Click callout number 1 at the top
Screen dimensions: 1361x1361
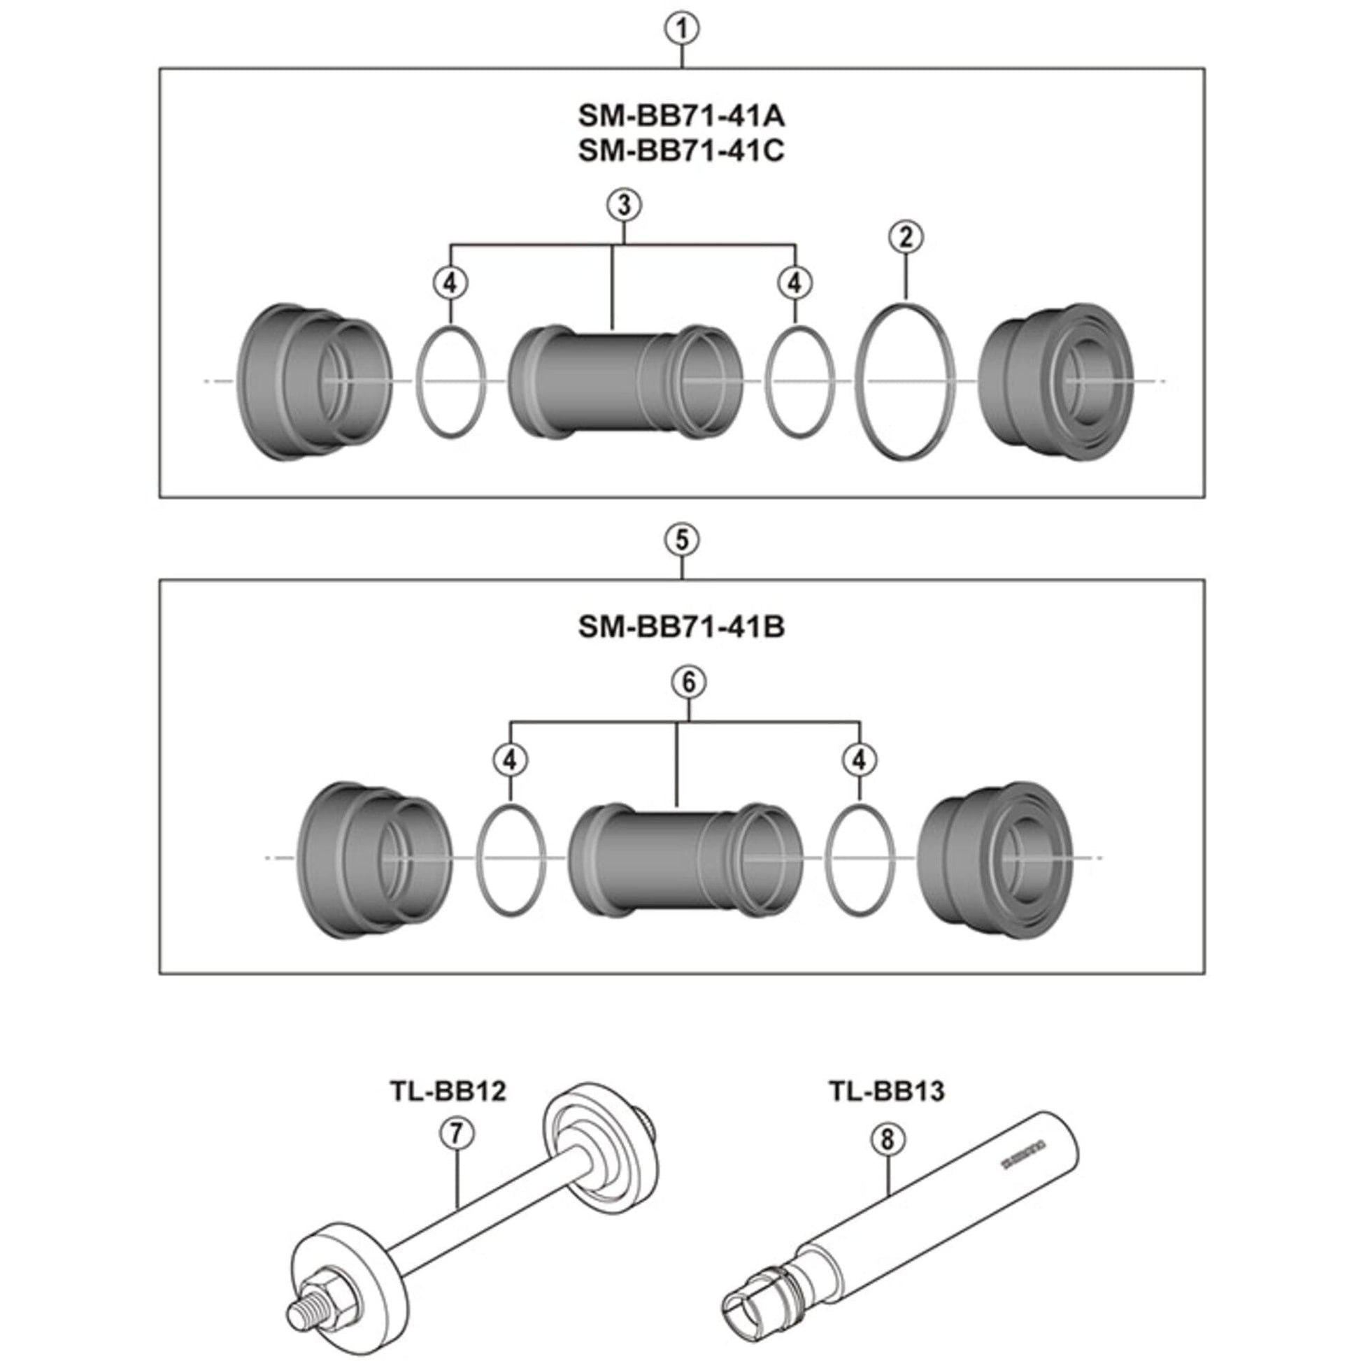click(681, 29)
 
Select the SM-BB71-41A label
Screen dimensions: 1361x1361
click(681, 116)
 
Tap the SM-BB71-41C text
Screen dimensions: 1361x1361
click(681, 151)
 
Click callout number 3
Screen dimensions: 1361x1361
click(623, 205)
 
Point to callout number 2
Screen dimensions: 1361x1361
click(905, 237)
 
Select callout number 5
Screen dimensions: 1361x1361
click(681, 541)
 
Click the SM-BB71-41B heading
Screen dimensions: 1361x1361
click(681, 627)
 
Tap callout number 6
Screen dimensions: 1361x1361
click(688, 682)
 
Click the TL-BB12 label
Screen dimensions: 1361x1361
click(449, 1091)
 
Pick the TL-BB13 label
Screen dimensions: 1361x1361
click(886, 1091)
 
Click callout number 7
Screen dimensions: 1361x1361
click(457, 1134)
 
